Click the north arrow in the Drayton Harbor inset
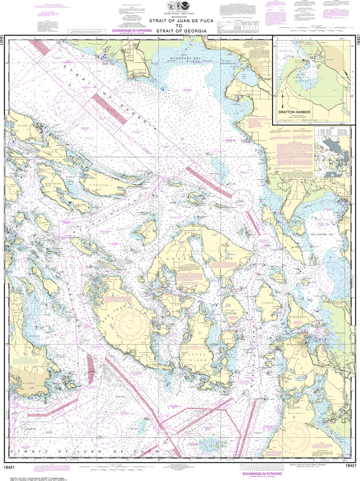283,101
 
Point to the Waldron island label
151,230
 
